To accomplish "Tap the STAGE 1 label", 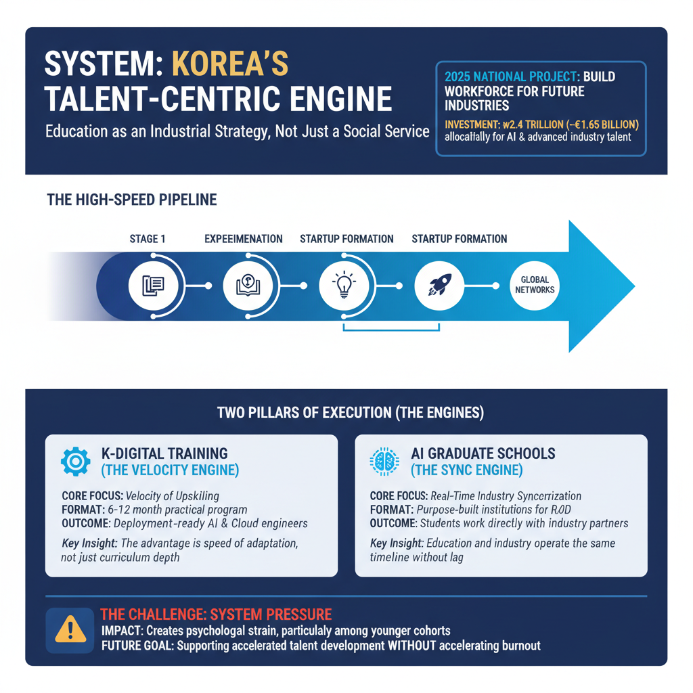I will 147,239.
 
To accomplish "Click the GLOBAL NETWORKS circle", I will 534,285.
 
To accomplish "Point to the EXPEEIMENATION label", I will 244,239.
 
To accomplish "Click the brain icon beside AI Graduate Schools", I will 384,462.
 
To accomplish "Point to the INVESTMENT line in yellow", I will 541,124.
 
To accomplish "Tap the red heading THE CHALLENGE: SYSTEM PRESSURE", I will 216,614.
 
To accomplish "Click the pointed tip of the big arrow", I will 633,286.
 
